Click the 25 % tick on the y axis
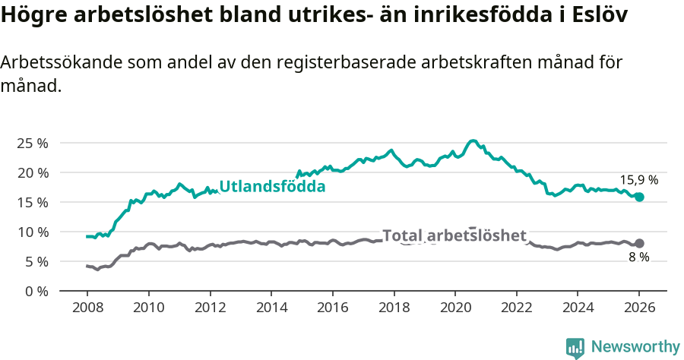tap(33, 143)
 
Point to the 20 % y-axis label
tap(33, 172)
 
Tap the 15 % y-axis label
tap(33, 202)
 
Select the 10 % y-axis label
tap(33, 232)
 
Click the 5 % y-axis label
tap(36, 261)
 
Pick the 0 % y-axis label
tap(36, 291)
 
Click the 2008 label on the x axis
tap(87, 309)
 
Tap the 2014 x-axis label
tap(271, 309)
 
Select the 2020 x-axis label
tap(454, 309)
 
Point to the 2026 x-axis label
tap(639, 309)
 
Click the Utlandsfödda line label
tap(272, 187)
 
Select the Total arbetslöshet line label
tap(454, 235)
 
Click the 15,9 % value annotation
tap(638, 180)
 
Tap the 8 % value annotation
tap(638, 257)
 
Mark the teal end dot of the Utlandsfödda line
tap(639, 197)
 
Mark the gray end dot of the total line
tap(639, 243)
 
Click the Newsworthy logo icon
tap(575, 347)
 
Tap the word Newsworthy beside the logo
tap(635, 347)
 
